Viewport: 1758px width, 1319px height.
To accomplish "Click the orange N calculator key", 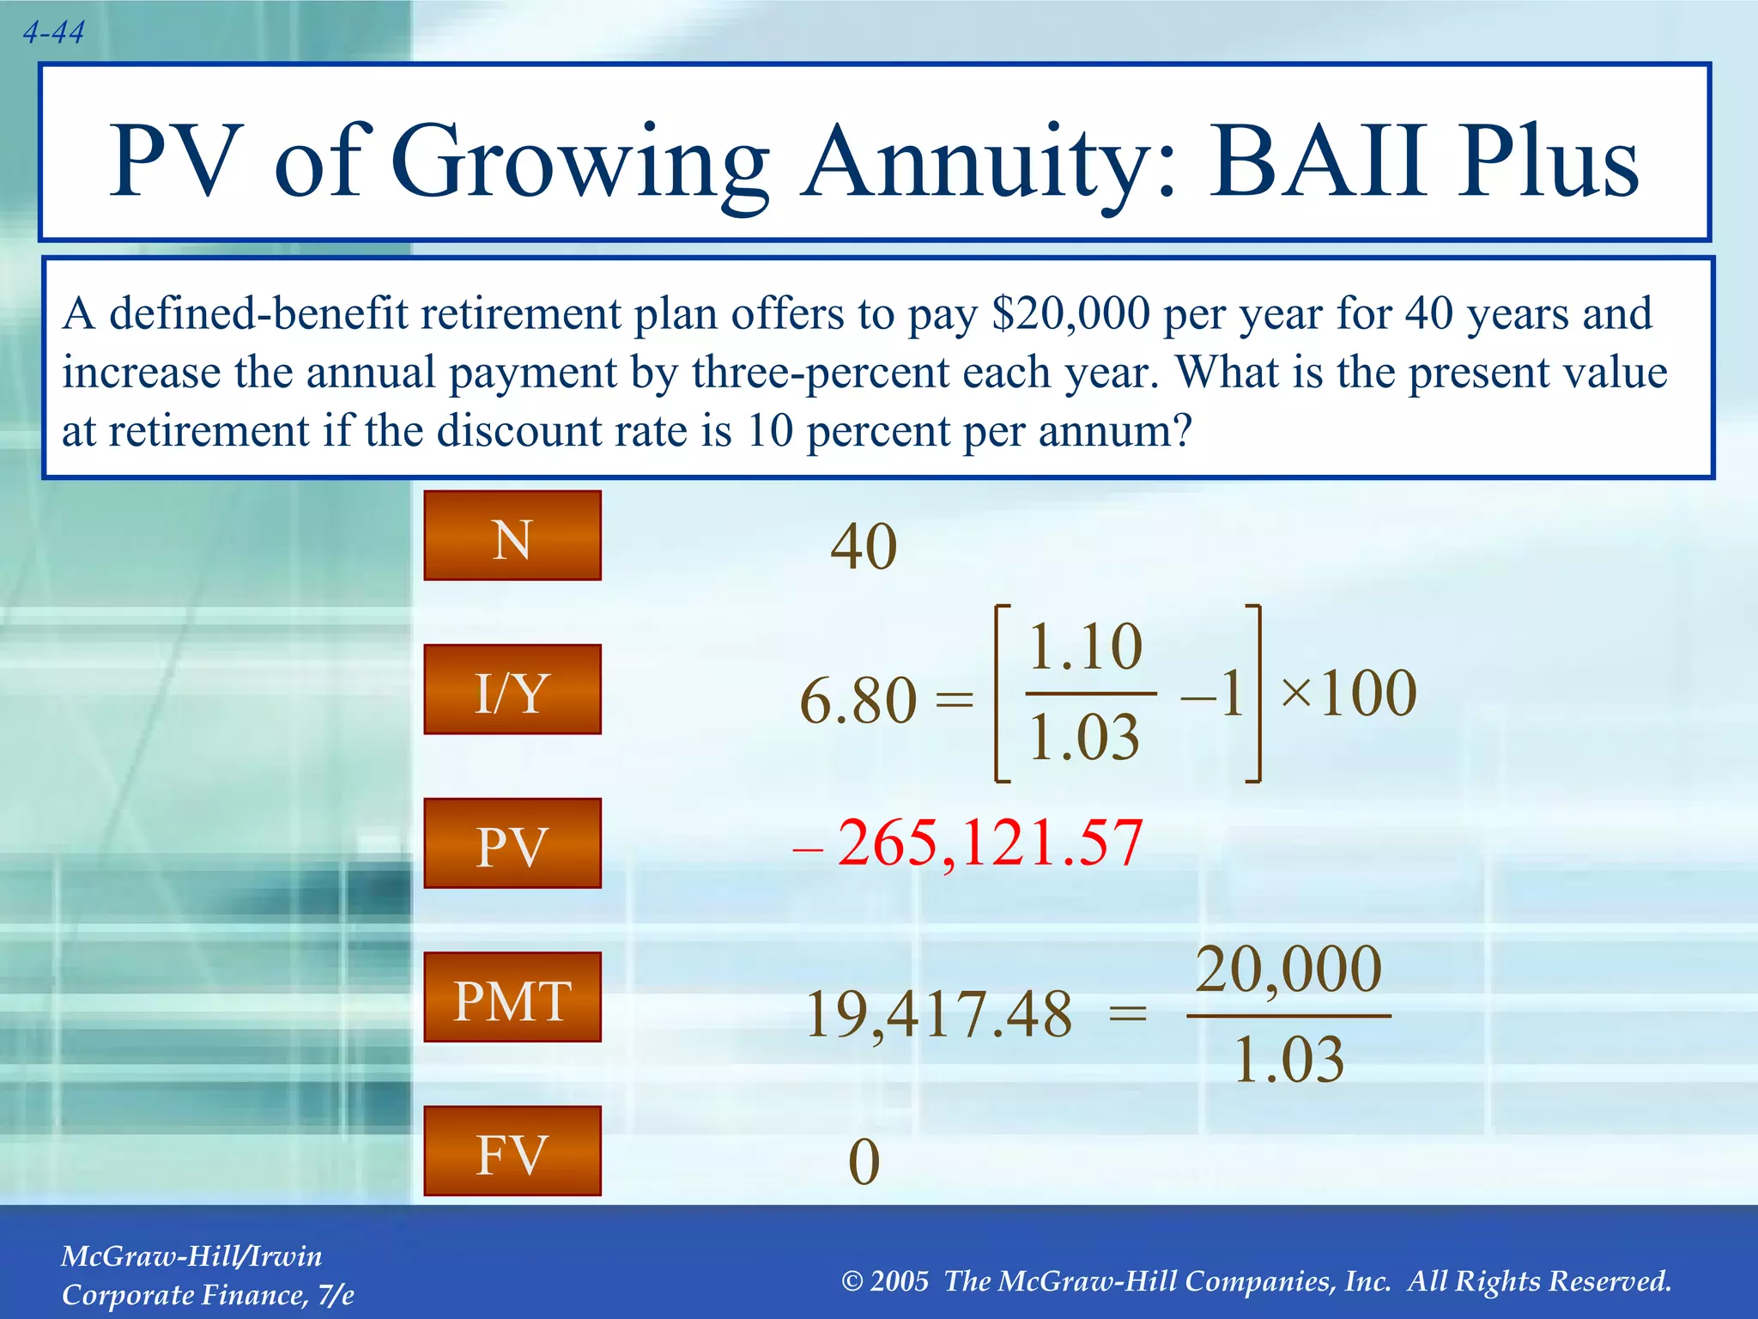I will tap(512, 536).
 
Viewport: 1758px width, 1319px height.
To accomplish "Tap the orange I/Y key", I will tap(512, 690).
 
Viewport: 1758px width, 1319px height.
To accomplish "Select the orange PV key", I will tap(512, 843).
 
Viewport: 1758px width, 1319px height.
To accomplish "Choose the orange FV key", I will tap(512, 1151).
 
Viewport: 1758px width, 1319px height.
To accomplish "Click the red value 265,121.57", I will tap(989, 842).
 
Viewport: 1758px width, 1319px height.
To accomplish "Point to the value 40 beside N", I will tap(864, 546).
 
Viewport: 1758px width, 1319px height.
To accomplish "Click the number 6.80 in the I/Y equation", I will tap(858, 700).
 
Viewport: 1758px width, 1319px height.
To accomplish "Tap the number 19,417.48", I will tap(939, 1014).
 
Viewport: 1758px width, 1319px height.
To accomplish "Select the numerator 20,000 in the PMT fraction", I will tap(1288, 969).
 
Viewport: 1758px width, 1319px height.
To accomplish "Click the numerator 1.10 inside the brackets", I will tap(1085, 646).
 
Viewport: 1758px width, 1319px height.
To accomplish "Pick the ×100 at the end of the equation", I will tap(1348, 692).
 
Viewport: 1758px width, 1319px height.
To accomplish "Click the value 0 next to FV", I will tap(864, 1162).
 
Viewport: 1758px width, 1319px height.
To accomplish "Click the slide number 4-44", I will tap(53, 33).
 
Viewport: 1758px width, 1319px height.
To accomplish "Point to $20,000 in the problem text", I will tap(1070, 313).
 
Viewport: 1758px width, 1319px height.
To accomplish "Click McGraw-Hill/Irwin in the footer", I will tap(191, 1256).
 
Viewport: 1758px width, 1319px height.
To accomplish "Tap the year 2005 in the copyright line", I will tap(899, 1281).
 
